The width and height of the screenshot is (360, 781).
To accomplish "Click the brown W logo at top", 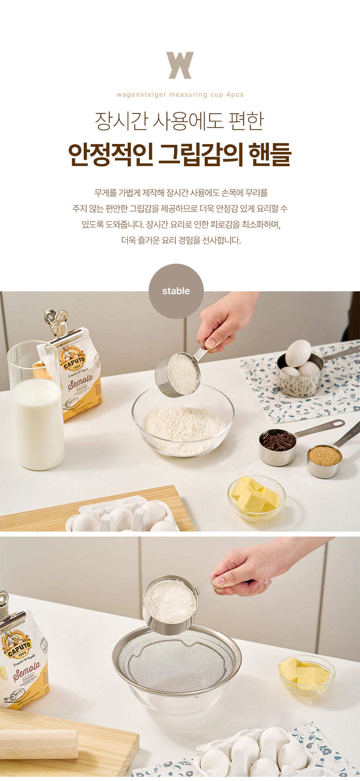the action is tap(180, 65).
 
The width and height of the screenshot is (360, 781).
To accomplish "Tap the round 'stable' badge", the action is tap(176, 291).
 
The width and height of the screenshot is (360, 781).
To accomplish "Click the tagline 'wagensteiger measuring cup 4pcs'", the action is tap(180, 95).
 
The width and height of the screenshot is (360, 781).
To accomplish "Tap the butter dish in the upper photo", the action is tap(257, 498).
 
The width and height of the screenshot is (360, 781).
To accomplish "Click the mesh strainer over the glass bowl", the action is tap(177, 660).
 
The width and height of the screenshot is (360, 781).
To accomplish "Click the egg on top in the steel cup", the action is tap(298, 353).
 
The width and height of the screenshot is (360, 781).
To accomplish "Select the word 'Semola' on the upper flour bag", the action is tap(80, 383).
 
